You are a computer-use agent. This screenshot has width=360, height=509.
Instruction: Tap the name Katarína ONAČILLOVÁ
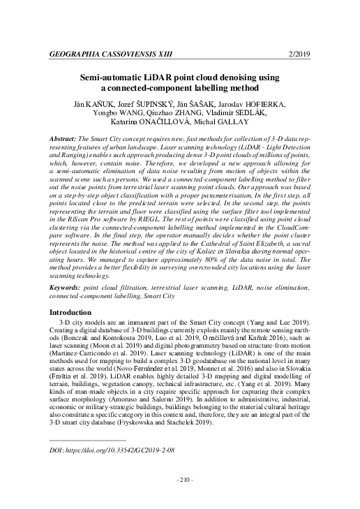point(149,125)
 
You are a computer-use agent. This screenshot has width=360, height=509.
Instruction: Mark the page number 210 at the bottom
point(179,480)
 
